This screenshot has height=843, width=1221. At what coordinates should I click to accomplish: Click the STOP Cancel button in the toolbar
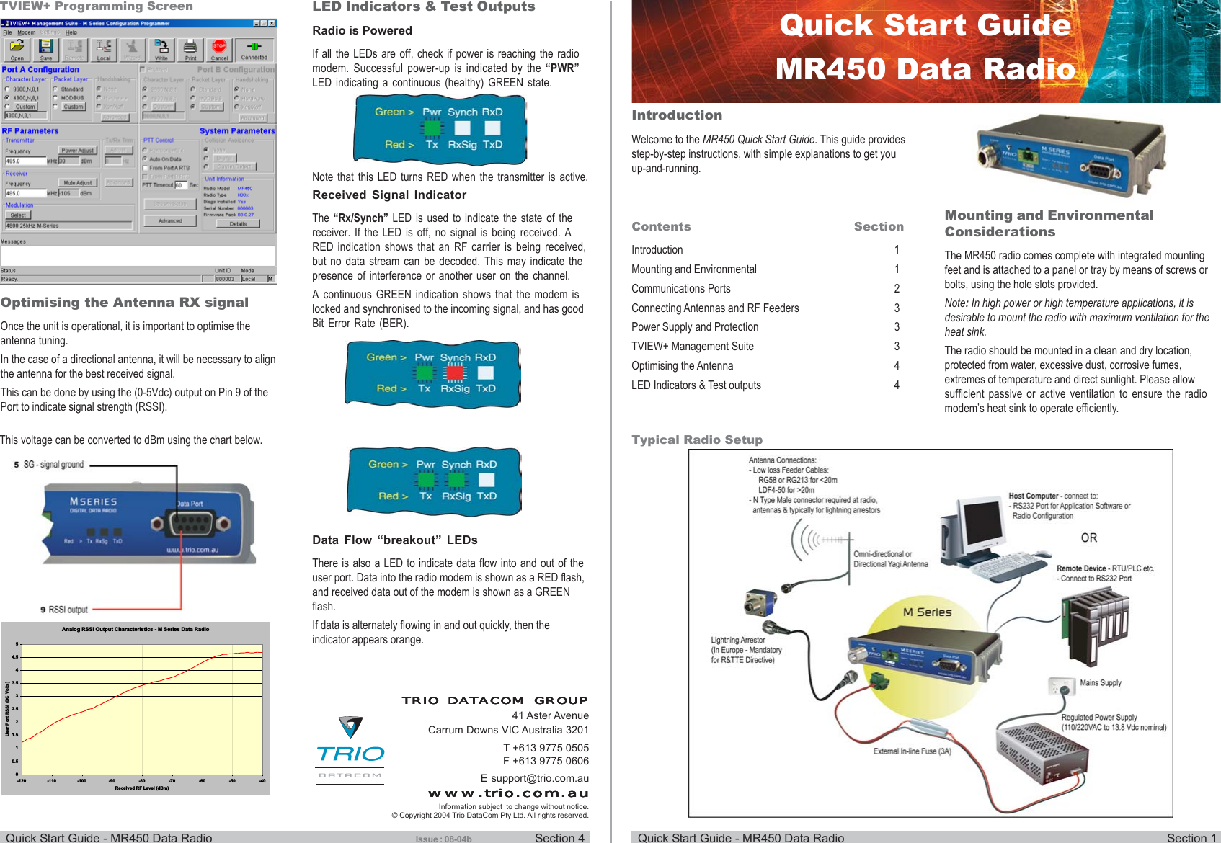click(219, 50)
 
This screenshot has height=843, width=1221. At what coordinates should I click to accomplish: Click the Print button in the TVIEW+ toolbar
click(190, 50)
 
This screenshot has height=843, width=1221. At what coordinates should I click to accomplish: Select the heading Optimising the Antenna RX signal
click(125, 303)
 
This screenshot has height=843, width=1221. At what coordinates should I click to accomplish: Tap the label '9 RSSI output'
click(64, 610)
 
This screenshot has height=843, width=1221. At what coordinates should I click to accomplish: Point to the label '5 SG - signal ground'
click(49, 465)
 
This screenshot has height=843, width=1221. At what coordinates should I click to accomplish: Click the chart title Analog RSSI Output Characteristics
click(136, 629)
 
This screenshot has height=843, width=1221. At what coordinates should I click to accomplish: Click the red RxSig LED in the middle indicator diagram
click(455, 373)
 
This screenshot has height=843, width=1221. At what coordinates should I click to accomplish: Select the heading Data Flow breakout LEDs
click(395, 540)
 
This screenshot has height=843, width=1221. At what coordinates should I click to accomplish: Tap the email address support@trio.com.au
click(535, 778)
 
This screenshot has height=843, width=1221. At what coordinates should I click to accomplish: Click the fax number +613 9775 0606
click(546, 761)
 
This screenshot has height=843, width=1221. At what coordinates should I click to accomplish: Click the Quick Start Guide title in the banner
click(925, 26)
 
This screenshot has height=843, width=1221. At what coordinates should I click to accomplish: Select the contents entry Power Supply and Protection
click(695, 327)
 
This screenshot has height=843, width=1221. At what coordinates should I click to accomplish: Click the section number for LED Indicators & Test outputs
click(897, 385)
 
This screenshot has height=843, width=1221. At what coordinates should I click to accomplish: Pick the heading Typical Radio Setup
click(697, 440)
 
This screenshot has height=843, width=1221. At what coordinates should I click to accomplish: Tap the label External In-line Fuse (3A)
click(913, 751)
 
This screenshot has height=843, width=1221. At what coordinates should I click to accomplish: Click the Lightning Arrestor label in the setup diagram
click(738, 640)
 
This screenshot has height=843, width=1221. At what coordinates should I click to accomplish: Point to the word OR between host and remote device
click(1088, 538)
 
